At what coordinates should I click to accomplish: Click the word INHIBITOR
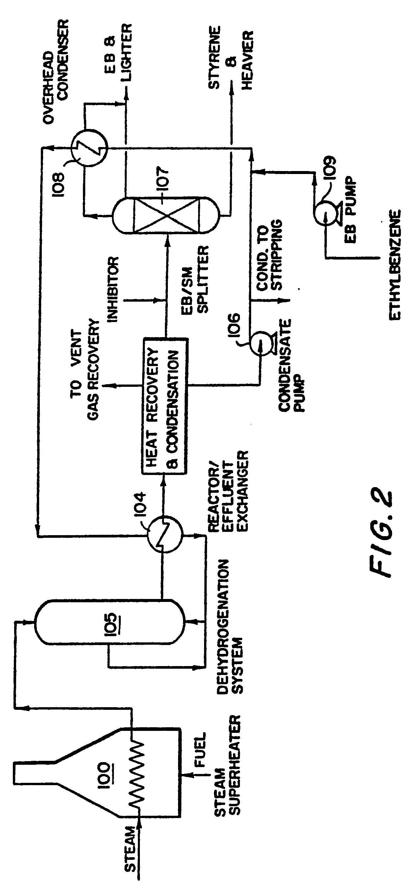click(113, 289)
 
